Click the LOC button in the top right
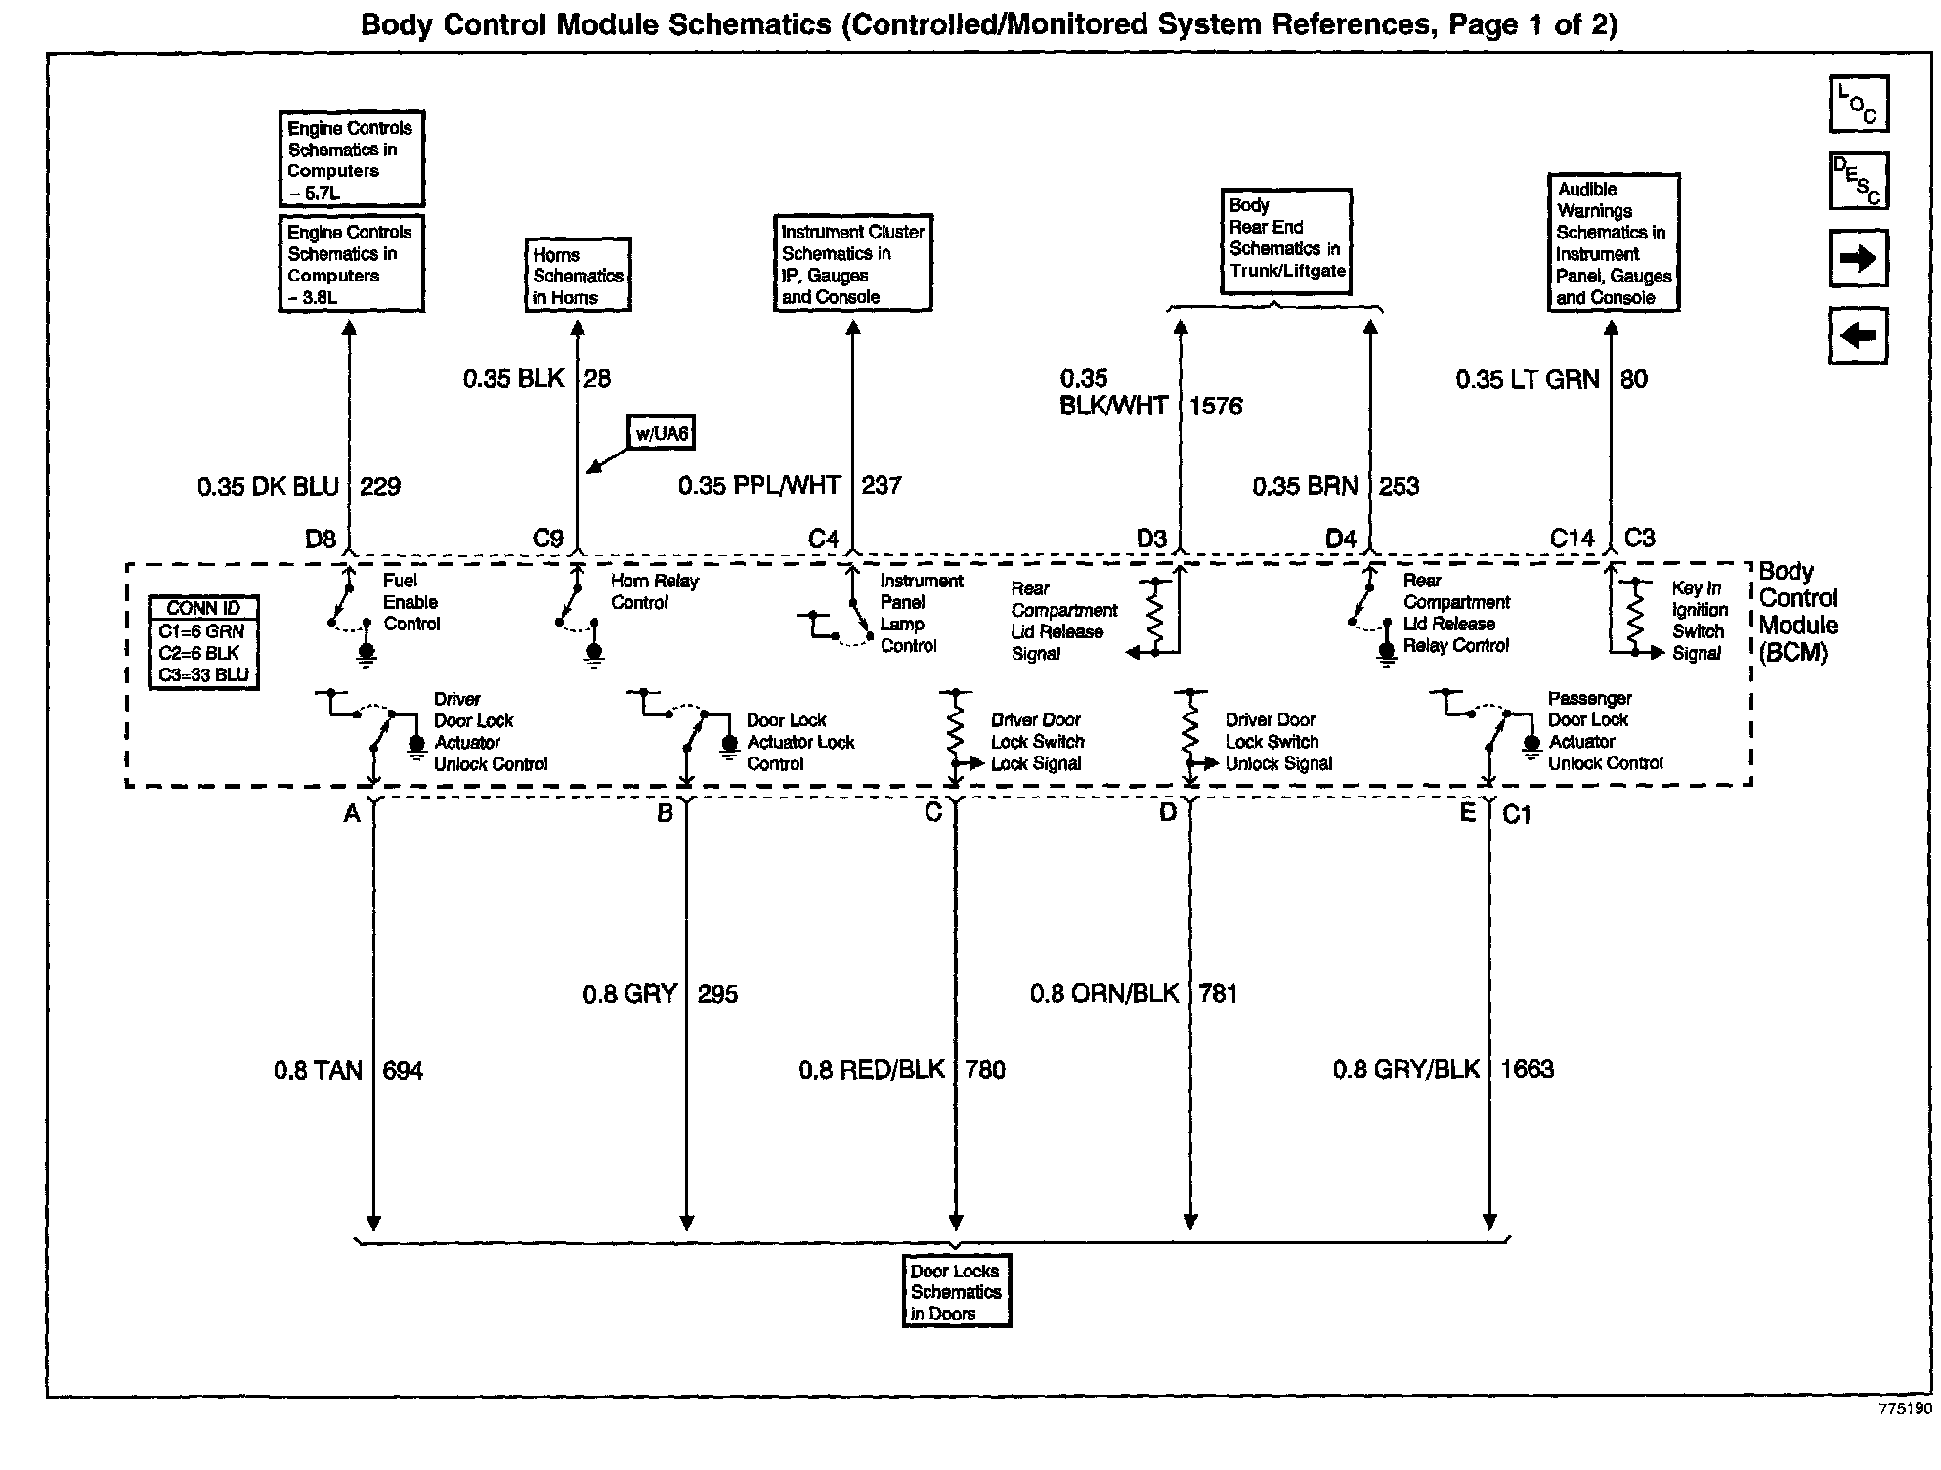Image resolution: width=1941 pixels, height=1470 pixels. click(1858, 104)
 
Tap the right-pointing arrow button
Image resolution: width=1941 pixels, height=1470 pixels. click(1858, 258)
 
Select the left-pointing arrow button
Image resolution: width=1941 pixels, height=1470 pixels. click(1858, 335)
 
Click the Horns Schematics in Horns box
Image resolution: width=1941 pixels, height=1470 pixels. click(578, 276)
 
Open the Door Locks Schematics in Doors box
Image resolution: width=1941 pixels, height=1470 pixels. click(956, 1291)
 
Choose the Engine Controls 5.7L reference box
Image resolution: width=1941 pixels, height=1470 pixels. click(351, 159)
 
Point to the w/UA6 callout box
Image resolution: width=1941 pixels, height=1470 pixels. click(663, 433)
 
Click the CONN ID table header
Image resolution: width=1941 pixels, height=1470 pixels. click(203, 608)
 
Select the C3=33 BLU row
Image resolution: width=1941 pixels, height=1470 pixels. click(203, 674)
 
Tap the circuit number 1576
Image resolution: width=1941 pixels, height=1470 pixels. click(1216, 406)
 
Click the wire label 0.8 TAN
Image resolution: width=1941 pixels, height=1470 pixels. click(318, 1071)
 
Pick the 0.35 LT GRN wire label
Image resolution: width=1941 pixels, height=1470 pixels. click(1528, 379)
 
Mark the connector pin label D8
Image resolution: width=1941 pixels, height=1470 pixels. click(321, 539)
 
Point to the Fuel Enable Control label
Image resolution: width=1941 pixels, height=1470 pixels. click(411, 602)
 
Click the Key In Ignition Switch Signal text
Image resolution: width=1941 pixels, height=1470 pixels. click(1700, 621)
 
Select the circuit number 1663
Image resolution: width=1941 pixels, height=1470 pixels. click(1527, 1069)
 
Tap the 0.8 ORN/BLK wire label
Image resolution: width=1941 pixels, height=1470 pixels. click(1104, 994)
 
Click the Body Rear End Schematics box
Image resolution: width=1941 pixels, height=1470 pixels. click(1286, 238)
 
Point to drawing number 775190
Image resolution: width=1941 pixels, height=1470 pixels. click(1905, 1408)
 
